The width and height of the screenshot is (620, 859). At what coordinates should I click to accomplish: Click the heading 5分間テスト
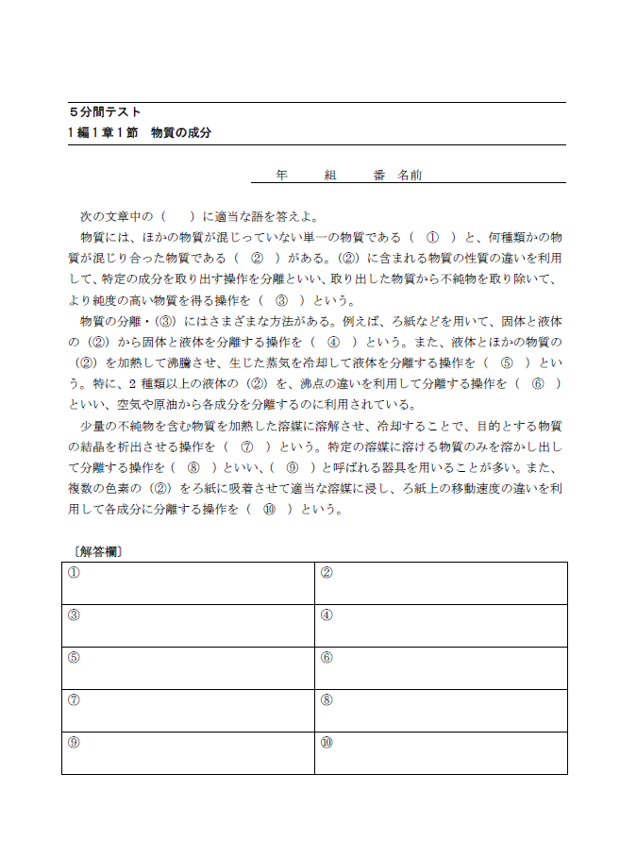[106, 112]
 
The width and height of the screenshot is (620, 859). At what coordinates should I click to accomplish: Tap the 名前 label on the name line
[410, 176]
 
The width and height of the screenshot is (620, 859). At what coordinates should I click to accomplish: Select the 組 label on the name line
[330, 176]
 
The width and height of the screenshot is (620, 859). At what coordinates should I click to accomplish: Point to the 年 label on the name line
[281, 176]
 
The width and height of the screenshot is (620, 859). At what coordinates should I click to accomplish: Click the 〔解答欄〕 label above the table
[97, 550]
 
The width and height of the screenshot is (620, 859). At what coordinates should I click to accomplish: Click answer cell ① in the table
[188, 583]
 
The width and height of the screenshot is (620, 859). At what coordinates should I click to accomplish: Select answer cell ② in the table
[441, 583]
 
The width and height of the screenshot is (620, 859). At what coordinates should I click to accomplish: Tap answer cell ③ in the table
[188, 626]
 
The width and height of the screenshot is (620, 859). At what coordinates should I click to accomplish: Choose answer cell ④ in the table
[441, 626]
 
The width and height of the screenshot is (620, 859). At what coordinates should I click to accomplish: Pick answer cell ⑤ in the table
[188, 668]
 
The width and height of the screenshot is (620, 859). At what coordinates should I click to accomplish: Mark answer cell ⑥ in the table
[441, 668]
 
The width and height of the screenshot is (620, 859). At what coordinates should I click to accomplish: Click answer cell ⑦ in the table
[188, 711]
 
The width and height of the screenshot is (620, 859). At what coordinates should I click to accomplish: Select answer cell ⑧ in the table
[441, 711]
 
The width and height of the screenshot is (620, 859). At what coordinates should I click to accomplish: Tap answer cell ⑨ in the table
[188, 753]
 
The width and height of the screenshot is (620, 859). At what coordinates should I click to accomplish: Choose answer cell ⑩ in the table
[441, 753]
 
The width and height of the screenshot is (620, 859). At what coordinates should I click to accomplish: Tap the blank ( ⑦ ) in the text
[247, 446]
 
